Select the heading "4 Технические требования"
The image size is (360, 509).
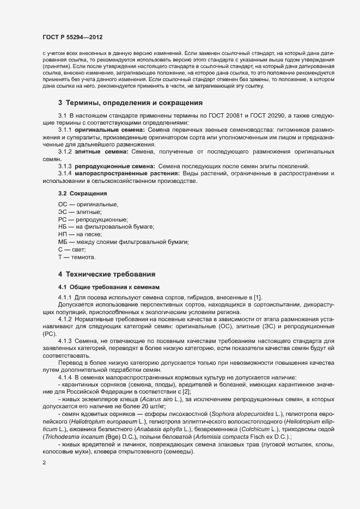coord(111,274)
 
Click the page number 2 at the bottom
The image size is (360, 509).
coord(44,463)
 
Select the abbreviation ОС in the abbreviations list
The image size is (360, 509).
coord(62,204)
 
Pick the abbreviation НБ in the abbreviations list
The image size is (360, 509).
coord(62,226)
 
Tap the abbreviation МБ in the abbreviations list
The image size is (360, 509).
coord(62,241)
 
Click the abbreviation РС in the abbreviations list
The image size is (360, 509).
coord(62,219)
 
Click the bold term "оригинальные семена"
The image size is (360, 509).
coord(107,131)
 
